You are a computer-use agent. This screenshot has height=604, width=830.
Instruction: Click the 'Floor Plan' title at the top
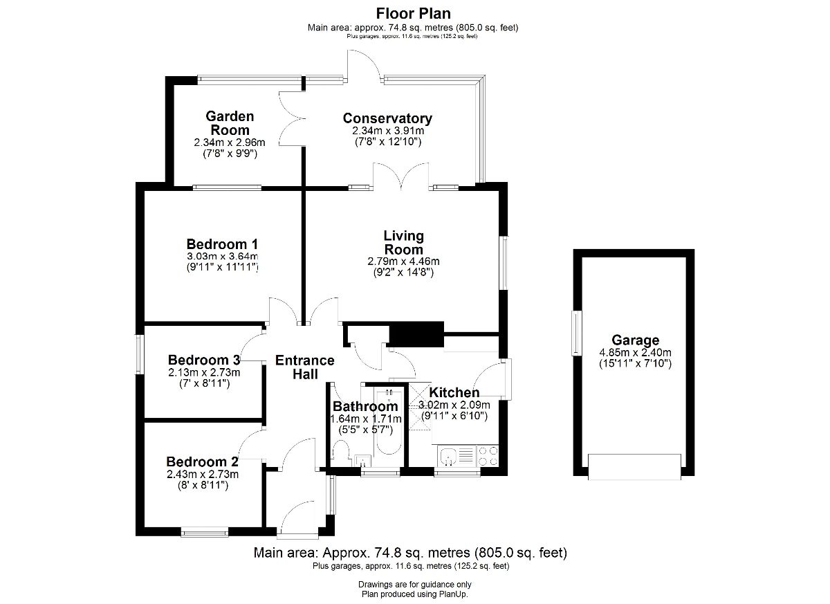pyautogui.click(x=413, y=14)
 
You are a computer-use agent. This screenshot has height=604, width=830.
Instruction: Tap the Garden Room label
pyautogui.click(x=230, y=123)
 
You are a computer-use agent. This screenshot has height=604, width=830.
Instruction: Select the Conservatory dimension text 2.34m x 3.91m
pyautogui.click(x=388, y=131)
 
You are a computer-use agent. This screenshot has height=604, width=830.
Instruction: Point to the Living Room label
pyautogui.click(x=403, y=242)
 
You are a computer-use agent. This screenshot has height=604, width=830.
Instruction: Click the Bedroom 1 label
pyautogui.click(x=222, y=244)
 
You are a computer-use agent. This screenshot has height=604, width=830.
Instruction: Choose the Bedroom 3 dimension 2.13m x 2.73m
pyautogui.click(x=204, y=372)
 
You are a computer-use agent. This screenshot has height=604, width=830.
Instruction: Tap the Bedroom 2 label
pyautogui.click(x=202, y=461)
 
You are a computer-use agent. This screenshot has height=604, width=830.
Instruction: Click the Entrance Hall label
pyautogui.click(x=305, y=367)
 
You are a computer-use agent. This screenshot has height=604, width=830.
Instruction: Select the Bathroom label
pyautogui.click(x=365, y=406)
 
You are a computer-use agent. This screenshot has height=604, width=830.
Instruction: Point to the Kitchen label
pyautogui.click(x=454, y=392)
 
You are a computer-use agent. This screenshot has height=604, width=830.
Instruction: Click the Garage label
pyautogui.click(x=636, y=340)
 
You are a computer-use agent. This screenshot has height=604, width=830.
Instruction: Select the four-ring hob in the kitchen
pyautogui.click(x=488, y=456)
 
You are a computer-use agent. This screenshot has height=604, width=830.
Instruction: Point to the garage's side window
pyautogui.click(x=577, y=333)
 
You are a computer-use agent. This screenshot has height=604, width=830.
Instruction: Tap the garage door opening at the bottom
pyautogui.click(x=634, y=467)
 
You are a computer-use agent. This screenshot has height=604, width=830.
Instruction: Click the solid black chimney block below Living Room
pyautogui.click(x=416, y=334)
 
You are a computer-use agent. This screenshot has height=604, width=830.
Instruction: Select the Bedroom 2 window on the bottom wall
pyautogui.click(x=205, y=533)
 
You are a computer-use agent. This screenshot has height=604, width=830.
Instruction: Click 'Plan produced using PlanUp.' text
pyautogui.click(x=414, y=594)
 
